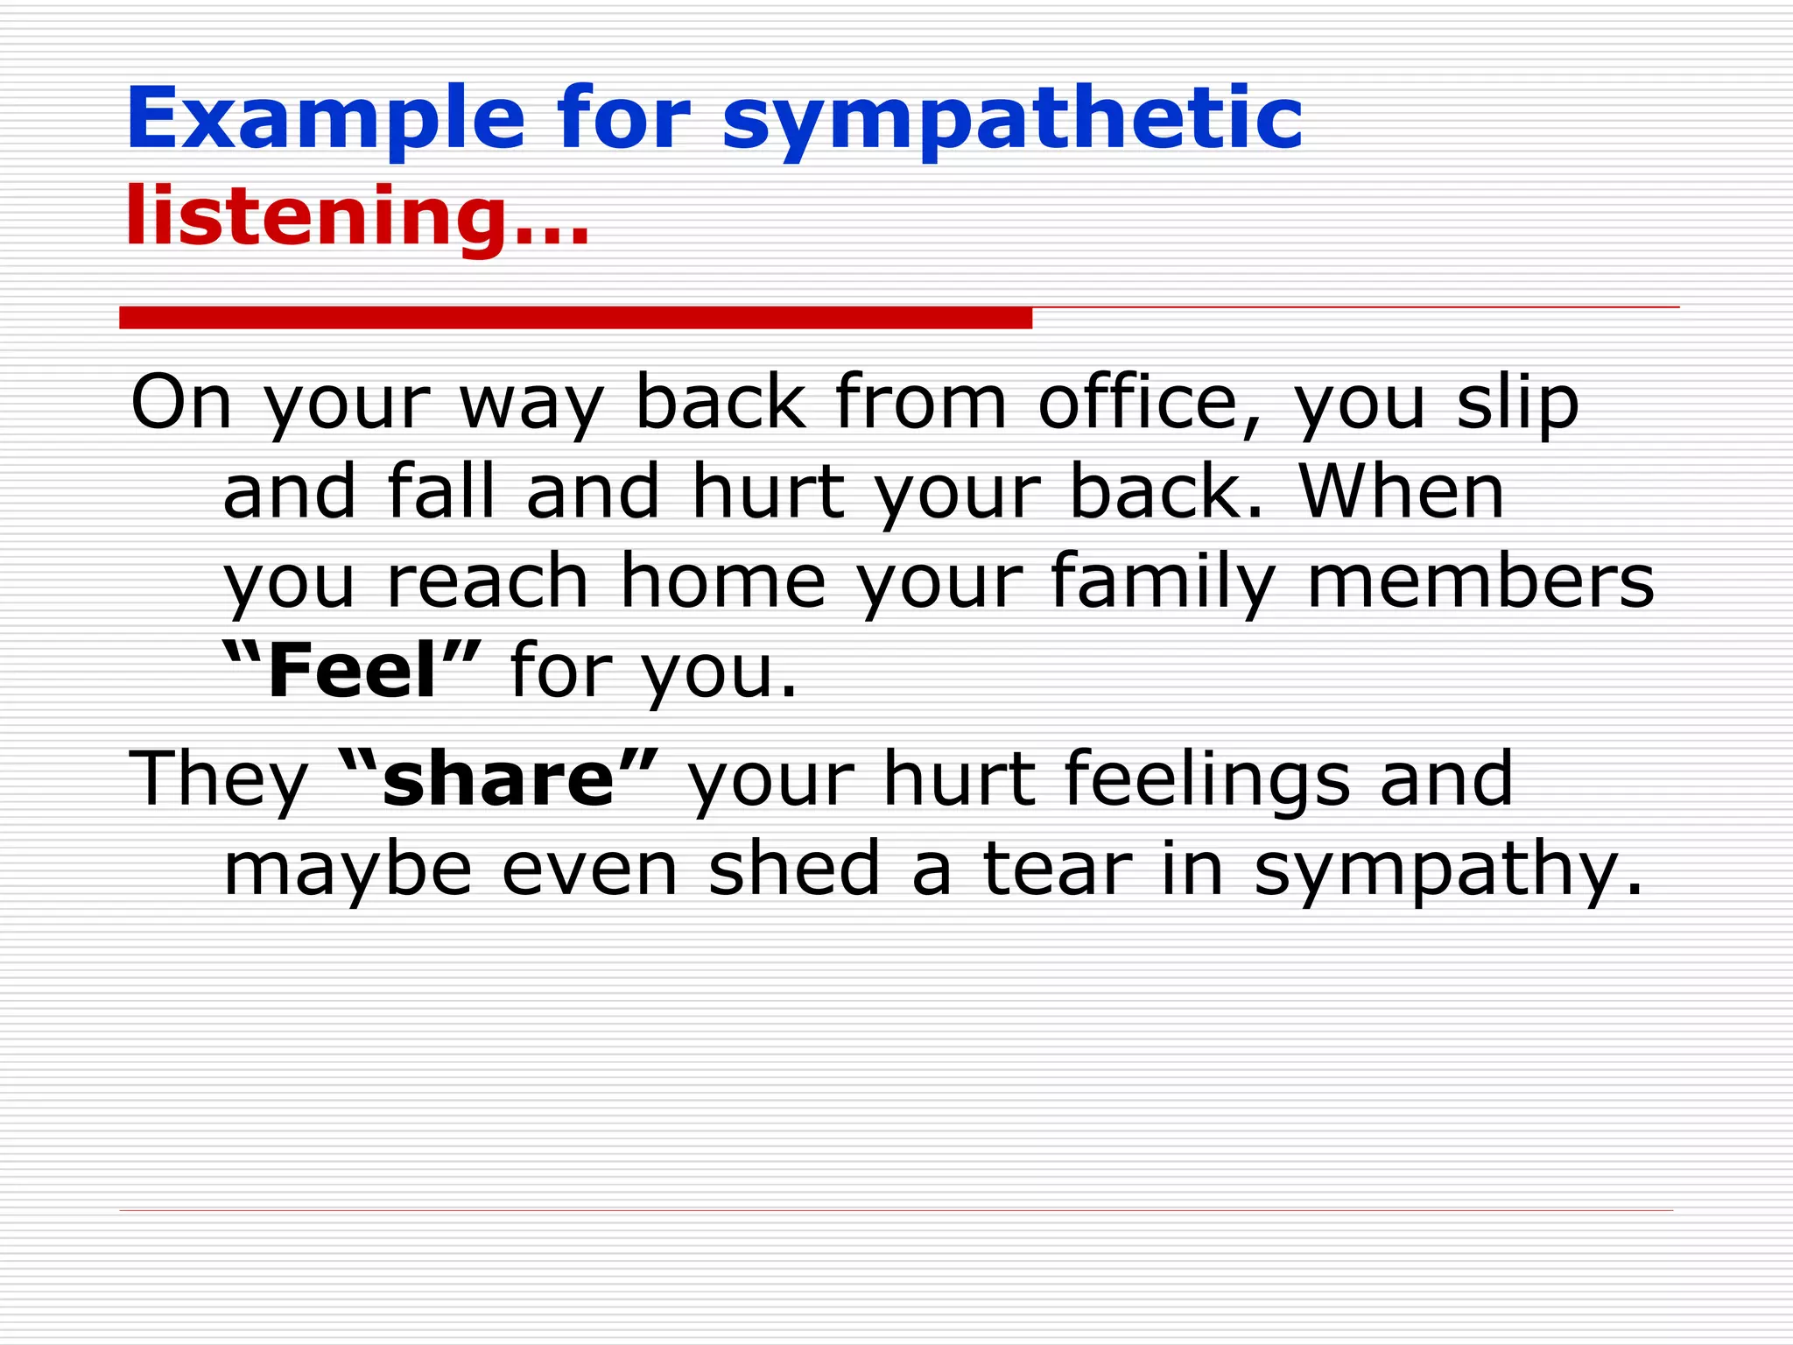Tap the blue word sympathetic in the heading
click(x=1012, y=123)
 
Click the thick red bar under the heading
click(x=575, y=318)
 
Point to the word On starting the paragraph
click(x=181, y=402)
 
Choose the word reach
click(x=488, y=582)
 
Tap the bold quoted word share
click(x=498, y=778)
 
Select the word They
click(x=218, y=779)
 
